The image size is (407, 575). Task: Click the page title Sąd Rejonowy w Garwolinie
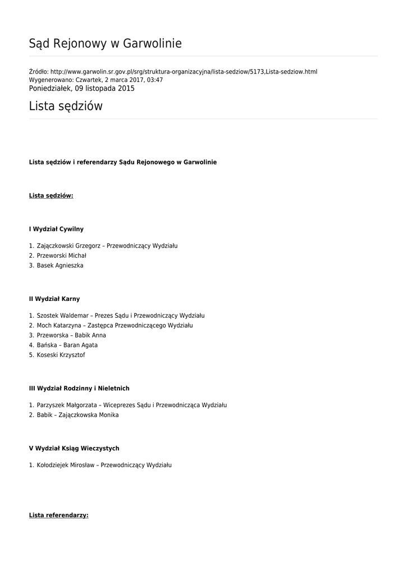(x=106, y=44)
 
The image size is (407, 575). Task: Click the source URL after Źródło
(x=184, y=72)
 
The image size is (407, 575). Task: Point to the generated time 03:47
(x=155, y=80)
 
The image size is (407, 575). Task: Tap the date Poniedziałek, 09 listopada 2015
(x=82, y=89)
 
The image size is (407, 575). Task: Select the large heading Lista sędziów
(x=66, y=106)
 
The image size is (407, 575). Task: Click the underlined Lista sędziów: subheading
(x=51, y=196)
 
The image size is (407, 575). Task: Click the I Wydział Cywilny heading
(x=56, y=229)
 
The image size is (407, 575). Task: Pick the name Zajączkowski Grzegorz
(x=70, y=246)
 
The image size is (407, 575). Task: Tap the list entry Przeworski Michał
(x=62, y=255)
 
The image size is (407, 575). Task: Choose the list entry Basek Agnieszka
(x=60, y=266)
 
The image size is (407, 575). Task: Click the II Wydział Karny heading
(x=54, y=299)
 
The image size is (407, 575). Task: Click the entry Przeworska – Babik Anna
(x=71, y=335)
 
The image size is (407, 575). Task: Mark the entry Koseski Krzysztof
(x=61, y=355)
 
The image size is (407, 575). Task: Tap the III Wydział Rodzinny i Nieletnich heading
(x=79, y=389)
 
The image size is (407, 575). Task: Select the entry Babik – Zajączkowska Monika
(x=77, y=415)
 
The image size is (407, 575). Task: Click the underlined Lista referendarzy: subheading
(x=59, y=515)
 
